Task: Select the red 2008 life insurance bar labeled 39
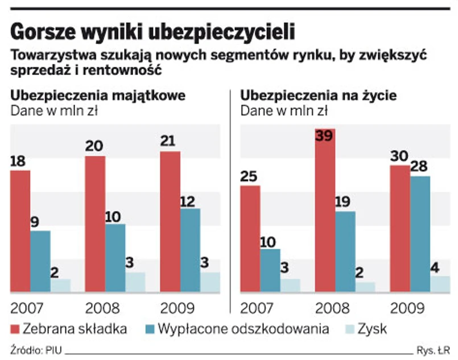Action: (325, 210)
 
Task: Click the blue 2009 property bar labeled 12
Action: (189, 250)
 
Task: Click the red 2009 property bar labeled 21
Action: (170, 222)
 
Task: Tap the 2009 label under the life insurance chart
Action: (407, 308)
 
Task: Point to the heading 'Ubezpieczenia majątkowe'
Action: (97, 96)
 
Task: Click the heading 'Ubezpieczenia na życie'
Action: (319, 96)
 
